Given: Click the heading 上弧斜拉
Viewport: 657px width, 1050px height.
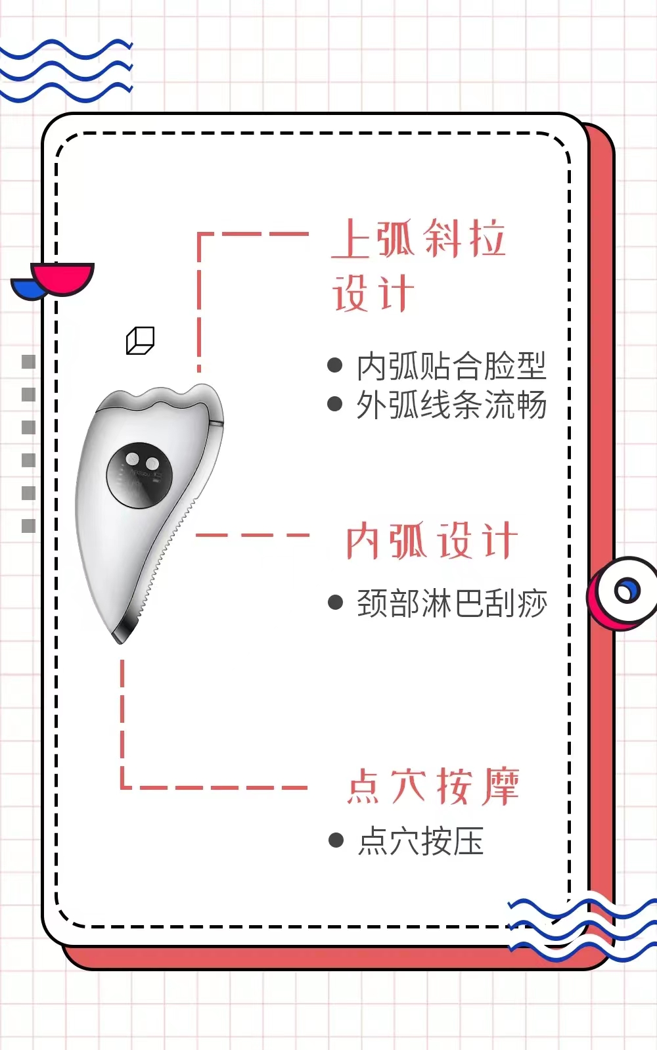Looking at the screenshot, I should click(x=419, y=239).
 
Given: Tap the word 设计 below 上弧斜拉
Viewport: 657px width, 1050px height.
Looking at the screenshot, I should click(x=373, y=293).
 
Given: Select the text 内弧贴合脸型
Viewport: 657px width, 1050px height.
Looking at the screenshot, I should click(x=451, y=367).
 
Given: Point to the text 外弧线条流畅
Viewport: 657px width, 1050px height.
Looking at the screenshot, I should click(x=451, y=405).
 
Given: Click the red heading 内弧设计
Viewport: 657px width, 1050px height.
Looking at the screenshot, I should click(x=432, y=541).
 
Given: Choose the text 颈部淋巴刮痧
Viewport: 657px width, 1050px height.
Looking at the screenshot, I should click(x=451, y=603).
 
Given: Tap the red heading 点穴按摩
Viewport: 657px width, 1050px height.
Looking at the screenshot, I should click(x=433, y=786).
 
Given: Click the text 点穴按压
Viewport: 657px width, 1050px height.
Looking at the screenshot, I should click(x=420, y=841).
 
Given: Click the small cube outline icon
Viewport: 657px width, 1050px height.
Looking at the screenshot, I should click(x=140, y=340).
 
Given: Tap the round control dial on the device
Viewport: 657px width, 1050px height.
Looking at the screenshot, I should click(x=139, y=475).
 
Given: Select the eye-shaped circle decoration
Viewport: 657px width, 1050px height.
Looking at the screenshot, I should click(x=624, y=591).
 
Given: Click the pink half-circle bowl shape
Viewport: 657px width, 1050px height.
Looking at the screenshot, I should click(x=63, y=277).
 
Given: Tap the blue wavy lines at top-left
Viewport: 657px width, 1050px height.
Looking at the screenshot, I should click(x=66, y=71).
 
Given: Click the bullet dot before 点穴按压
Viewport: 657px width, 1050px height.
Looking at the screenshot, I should click(x=336, y=840).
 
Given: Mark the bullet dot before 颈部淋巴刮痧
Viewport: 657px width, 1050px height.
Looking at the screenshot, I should click(x=335, y=603).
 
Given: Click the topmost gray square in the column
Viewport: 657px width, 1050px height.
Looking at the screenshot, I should click(x=28, y=361).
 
